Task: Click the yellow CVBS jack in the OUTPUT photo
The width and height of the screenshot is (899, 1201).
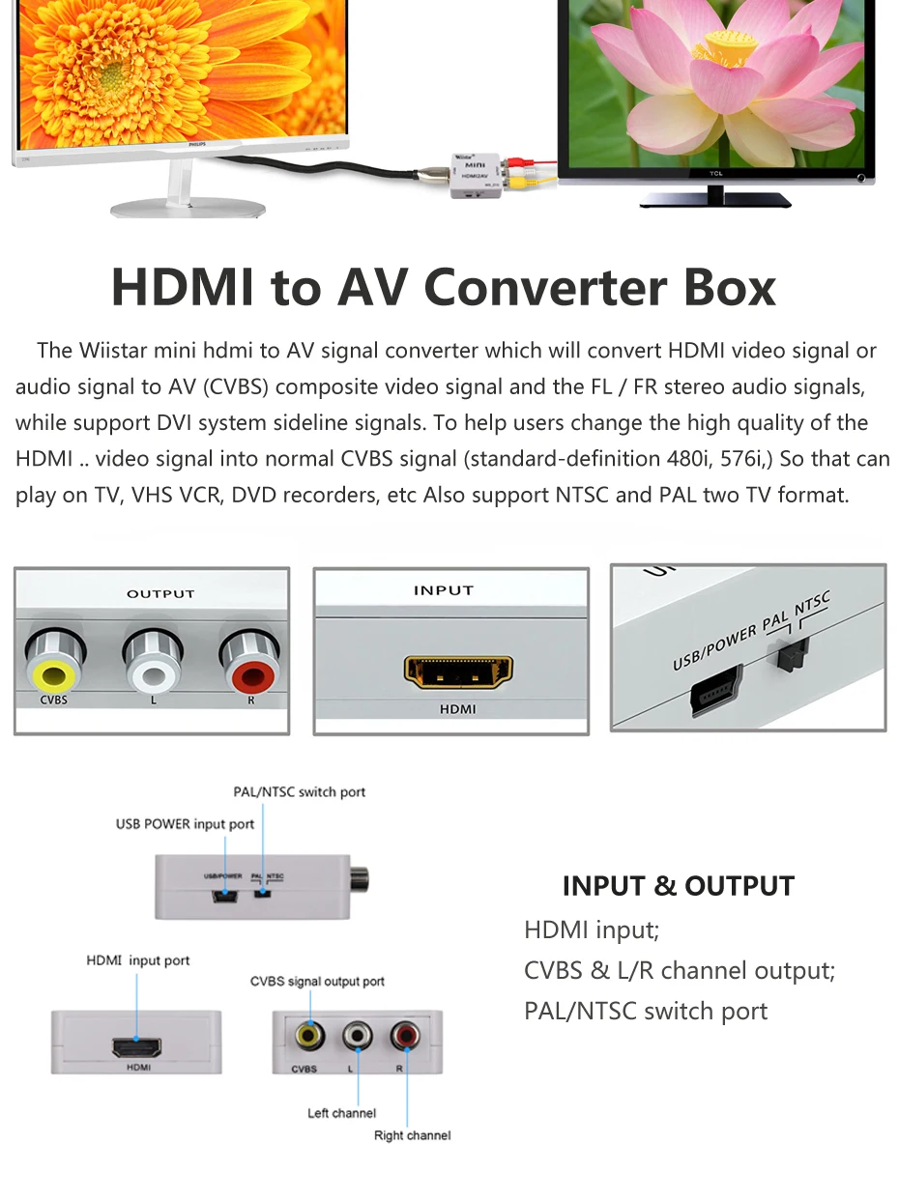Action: click(x=55, y=663)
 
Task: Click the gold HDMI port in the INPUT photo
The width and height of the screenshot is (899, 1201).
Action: click(x=457, y=673)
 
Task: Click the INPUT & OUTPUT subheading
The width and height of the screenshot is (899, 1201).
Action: click(x=678, y=886)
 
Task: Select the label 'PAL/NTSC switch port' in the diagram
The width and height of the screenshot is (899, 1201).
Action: click(x=300, y=792)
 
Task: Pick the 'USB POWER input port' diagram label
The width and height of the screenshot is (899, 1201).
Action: click(x=186, y=824)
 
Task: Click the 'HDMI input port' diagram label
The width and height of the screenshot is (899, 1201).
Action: click(x=138, y=960)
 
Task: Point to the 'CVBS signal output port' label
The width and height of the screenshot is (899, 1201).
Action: click(x=317, y=982)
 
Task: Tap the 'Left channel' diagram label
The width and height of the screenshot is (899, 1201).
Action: click(x=341, y=1113)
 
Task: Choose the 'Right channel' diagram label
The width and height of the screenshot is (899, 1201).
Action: click(x=412, y=1135)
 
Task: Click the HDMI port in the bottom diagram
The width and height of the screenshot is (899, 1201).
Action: click(x=136, y=1046)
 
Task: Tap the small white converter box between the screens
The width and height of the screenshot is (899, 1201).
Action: click(x=476, y=173)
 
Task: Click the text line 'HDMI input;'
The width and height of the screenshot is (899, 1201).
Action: click(x=592, y=930)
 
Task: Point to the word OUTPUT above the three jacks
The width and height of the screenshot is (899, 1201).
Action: click(x=160, y=593)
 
